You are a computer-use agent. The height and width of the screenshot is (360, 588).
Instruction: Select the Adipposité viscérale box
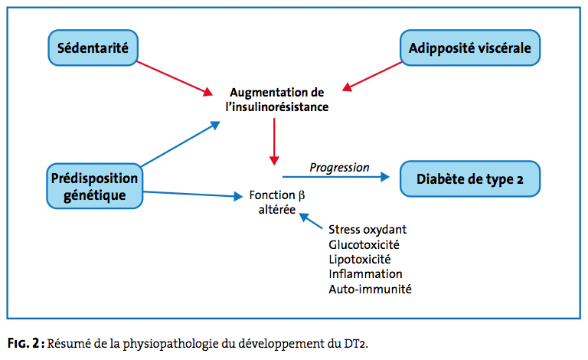(x=469, y=48)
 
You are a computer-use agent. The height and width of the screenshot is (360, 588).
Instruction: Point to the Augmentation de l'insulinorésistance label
(x=276, y=100)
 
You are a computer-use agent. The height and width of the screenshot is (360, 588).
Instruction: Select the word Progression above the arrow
(x=339, y=168)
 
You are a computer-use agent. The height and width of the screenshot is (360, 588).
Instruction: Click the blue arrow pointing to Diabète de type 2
(x=337, y=177)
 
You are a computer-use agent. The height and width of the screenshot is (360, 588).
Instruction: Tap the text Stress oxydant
(x=367, y=230)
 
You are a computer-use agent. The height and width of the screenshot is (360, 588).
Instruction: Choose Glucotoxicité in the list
(x=364, y=244)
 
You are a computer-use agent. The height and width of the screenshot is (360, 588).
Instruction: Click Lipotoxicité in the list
(x=360, y=259)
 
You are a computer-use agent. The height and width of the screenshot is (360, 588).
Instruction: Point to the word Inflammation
(x=365, y=273)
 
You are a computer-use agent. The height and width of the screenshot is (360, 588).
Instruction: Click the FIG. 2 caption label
(x=25, y=342)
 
